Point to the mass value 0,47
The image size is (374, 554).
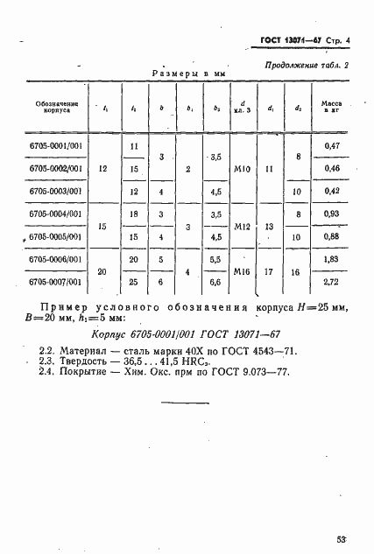coord(331,144)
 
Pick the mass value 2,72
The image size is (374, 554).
coord(331,282)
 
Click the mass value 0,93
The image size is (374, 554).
coord(331,214)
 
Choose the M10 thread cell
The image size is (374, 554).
coord(243,168)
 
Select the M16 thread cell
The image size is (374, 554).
coord(243,271)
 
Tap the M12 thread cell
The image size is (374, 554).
coord(243,225)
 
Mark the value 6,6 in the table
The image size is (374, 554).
coord(215,282)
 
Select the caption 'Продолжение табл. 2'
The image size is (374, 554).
coord(307,66)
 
